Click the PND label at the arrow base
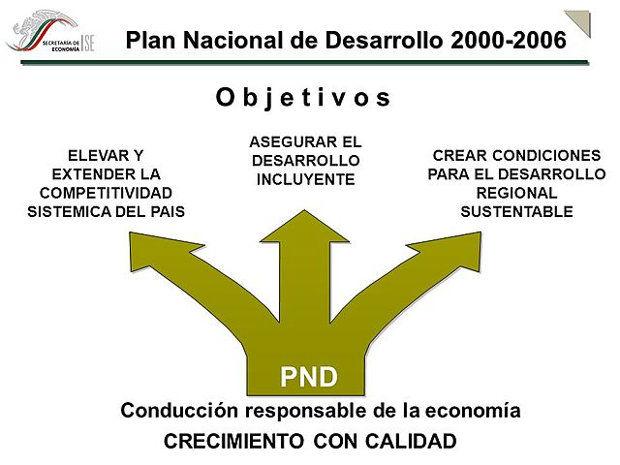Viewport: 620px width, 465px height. tap(309, 375)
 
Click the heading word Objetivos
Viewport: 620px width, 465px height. tap(302, 98)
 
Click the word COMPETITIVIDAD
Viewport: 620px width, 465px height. tap(106, 192)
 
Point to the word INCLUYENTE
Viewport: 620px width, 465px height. tap(305, 179)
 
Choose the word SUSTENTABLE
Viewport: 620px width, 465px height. tap(516, 211)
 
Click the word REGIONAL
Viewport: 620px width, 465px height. tap(516, 192)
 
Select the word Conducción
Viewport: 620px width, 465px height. tap(180, 411)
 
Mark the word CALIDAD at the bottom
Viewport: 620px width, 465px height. tap(410, 442)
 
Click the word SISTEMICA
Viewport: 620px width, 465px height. tap(69, 211)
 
